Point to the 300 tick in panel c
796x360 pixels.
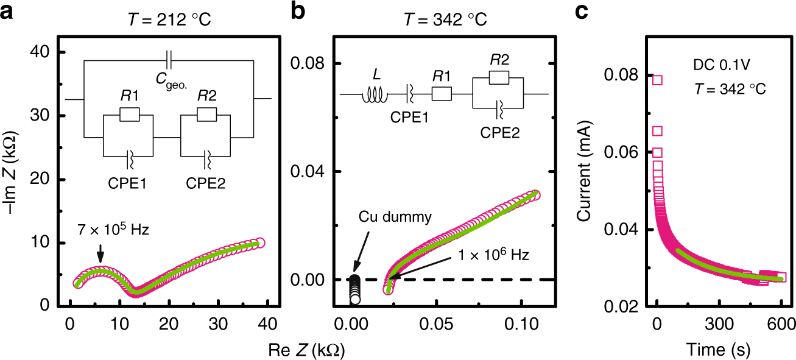pos(719,322)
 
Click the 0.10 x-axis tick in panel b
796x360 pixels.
pos(521,322)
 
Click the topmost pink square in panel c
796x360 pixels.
pos(657,80)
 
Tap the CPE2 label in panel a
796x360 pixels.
pos(206,182)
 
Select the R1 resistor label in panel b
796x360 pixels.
pos(441,76)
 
